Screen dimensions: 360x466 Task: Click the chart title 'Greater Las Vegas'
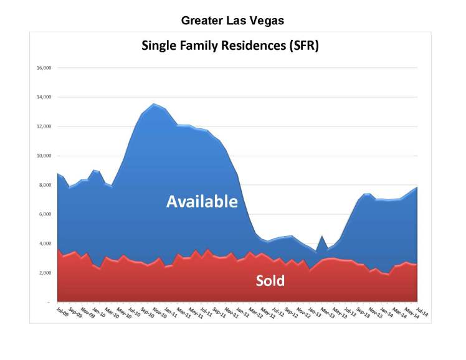click(232, 21)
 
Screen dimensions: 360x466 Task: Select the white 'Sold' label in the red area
click(270, 281)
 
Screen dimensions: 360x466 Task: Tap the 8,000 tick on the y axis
click(45, 185)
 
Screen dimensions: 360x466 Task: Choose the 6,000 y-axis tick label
click(45, 214)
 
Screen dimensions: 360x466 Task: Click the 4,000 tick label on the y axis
click(45, 244)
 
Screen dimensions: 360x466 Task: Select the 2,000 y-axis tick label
click(45, 273)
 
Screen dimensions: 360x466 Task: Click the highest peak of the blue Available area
click(154, 104)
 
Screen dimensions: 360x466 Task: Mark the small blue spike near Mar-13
click(321, 237)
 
